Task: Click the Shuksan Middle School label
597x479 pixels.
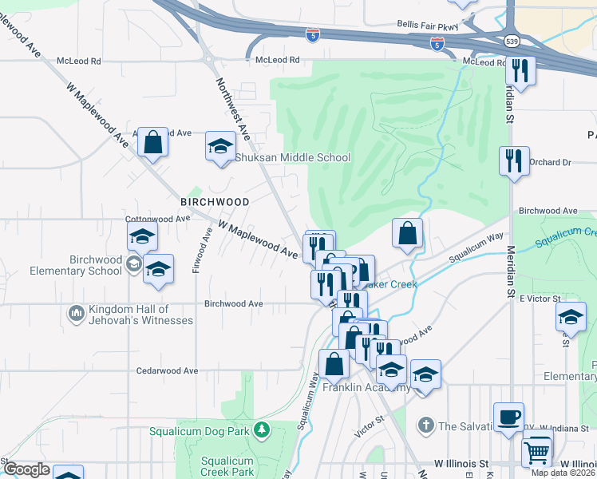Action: pos(292,157)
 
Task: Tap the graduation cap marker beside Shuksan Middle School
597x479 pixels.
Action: pos(220,146)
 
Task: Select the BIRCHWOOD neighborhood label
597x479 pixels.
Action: pos(215,202)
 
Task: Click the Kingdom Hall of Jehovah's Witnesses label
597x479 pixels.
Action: pos(130,315)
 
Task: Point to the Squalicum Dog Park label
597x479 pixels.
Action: pos(200,432)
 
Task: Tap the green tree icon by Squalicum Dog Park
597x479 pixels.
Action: pos(261,432)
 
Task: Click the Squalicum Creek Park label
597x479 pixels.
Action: pos(227,466)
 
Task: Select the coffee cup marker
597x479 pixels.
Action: pos(508,417)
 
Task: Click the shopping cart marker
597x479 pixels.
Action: pos(537,451)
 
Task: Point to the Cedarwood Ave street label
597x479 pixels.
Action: pos(166,371)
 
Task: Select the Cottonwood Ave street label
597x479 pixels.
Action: pos(157,218)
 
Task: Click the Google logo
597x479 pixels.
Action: pos(26,469)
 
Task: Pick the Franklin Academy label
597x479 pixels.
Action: pos(377,388)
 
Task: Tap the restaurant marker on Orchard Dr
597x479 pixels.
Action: pos(514,161)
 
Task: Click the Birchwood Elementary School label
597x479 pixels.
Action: pos(73,265)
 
